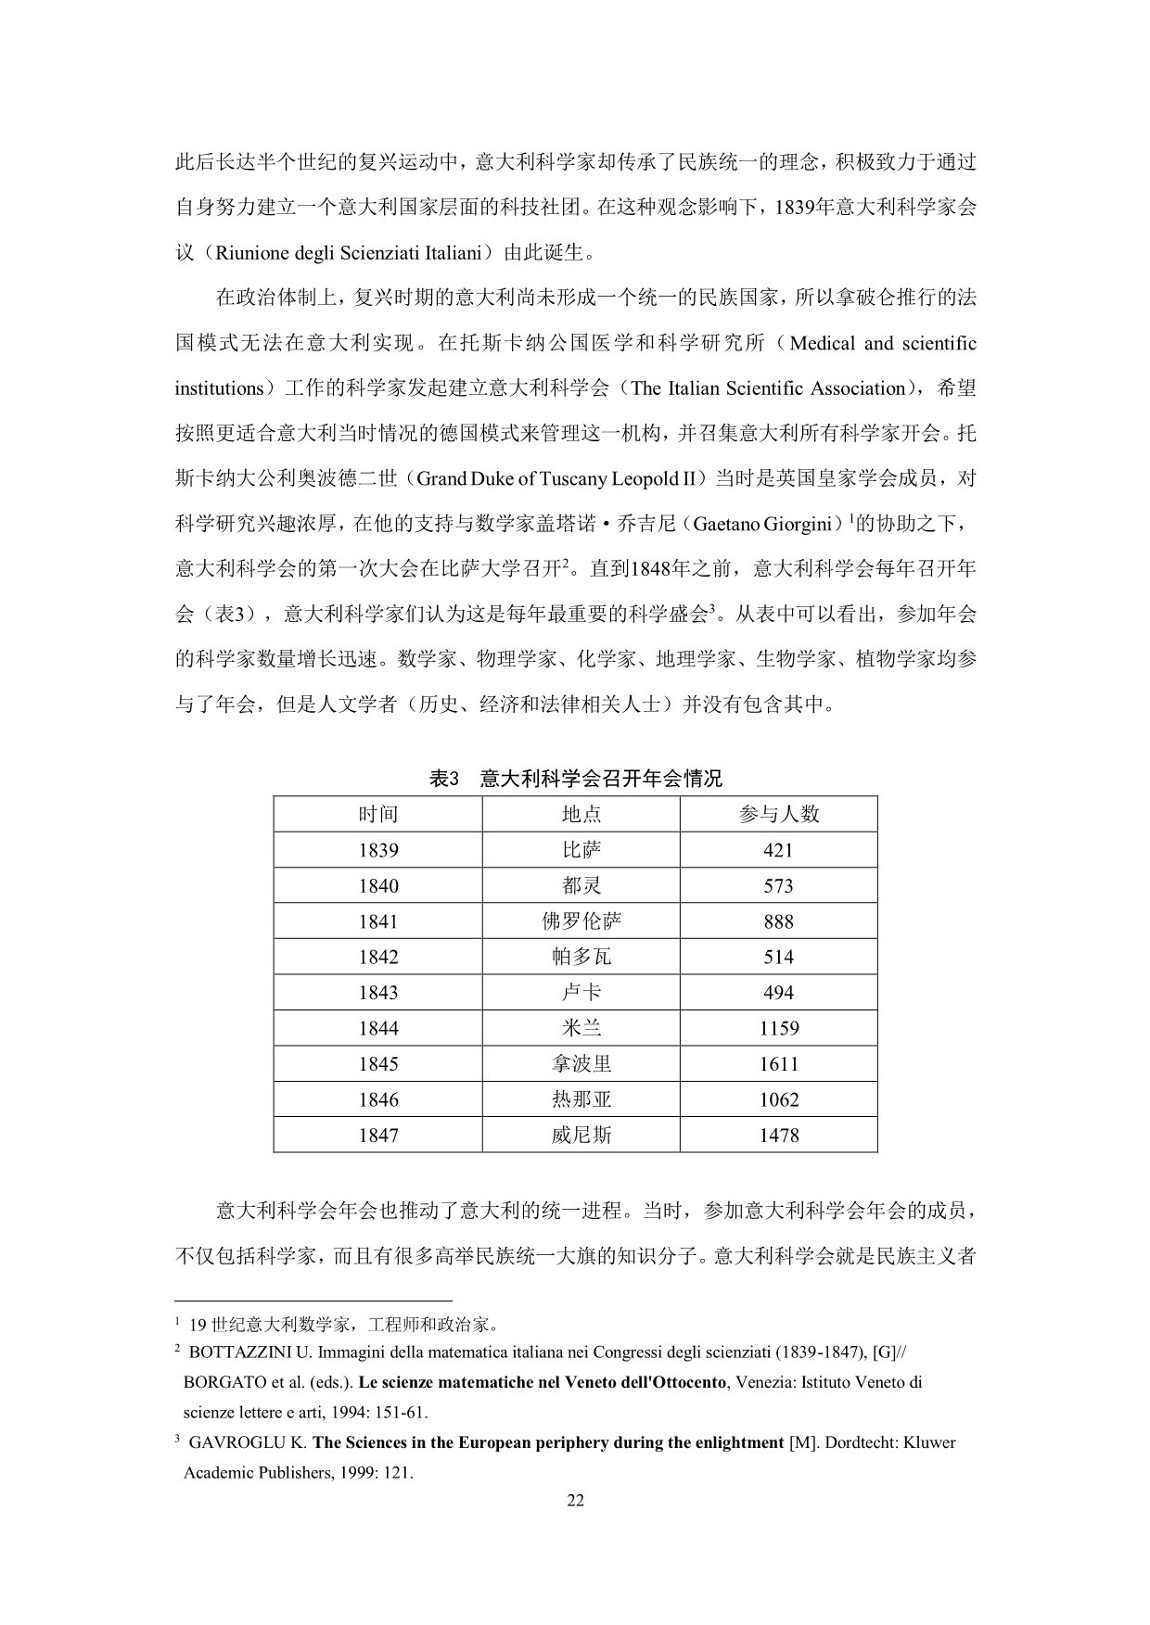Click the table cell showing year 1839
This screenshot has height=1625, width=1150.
(377, 850)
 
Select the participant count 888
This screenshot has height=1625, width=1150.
(778, 921)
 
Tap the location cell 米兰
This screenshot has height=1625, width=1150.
(581, 1028)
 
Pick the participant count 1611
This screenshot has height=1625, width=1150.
(778, 1064)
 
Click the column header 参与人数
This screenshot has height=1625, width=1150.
(778, 814)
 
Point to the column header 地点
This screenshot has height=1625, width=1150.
(581, 814)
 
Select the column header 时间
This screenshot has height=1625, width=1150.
(377, 814)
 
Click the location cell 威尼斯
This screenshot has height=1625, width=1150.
(581, 1136)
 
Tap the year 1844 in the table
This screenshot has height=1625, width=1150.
(377, 1028)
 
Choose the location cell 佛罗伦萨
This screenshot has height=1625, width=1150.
(581, 921)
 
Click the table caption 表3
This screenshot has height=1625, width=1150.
(444, 779)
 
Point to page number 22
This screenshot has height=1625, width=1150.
(575, 1502)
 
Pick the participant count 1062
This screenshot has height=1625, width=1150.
(778, 1100)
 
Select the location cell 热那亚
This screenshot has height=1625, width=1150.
(581, 1100)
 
